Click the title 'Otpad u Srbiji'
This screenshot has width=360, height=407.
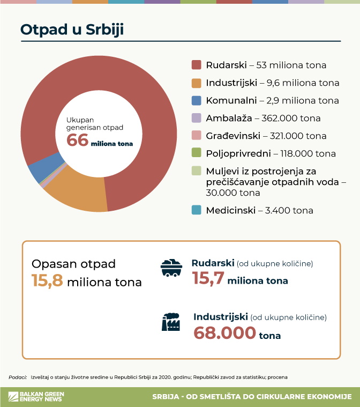point(72,29)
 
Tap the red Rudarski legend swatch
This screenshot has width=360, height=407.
point(197,65)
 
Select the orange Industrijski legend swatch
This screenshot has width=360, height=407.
point(197,83)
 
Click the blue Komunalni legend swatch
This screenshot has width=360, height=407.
point(197,100)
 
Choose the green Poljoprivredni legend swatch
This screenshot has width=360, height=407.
point(197,153)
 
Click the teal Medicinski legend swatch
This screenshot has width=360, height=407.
point(197,210)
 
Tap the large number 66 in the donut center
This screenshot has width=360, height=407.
point(77,140)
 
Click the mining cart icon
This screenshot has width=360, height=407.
point(171,268)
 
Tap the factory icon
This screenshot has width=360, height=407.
point(171,322)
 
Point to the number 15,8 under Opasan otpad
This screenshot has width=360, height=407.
point(47,280)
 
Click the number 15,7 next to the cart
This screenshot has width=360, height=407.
point(208,279)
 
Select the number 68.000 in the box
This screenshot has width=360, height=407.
point(224,332)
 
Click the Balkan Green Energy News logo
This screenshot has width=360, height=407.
point(36,397)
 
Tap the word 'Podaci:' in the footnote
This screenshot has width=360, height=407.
point(18,377)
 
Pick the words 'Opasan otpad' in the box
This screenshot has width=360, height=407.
point(73,264)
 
